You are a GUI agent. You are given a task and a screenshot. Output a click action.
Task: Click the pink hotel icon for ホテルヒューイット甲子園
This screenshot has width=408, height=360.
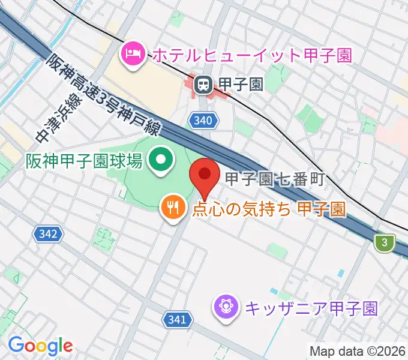click(x=131, y=55)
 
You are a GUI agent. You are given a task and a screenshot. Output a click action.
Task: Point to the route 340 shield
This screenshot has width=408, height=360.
click(x=203, y=121)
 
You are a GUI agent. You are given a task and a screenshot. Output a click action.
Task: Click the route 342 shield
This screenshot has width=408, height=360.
click(x=49, y=233)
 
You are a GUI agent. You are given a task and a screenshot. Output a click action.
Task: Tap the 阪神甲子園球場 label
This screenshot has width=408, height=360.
click(x=83, y=161)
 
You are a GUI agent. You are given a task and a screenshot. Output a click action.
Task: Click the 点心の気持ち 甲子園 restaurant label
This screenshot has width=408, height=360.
click(x=268, y=209)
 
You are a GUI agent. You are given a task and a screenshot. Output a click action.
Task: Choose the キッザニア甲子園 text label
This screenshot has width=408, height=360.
click(x=310, y=309)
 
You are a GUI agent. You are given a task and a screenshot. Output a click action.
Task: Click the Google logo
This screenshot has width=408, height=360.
click(x=40, y=346)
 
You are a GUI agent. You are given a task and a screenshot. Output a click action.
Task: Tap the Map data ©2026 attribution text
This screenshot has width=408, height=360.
click(x=357, y=351)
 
